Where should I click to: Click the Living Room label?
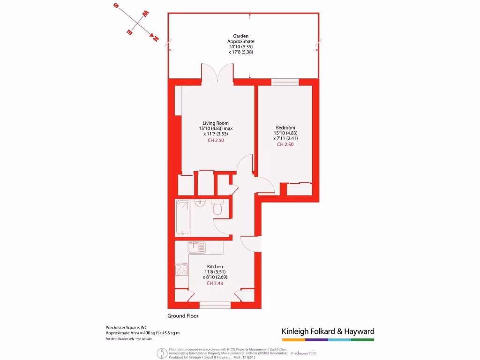pos(215,123)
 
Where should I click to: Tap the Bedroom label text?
pos(285,127)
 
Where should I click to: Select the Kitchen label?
pos(214,266)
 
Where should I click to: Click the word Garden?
pos(241,36)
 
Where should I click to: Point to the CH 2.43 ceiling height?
pos(214,283)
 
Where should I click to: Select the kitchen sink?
pos(194,245)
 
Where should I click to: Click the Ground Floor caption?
pos(183,316)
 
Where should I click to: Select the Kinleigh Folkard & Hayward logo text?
pos(328,331)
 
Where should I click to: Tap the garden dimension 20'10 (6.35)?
pos(241,46)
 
